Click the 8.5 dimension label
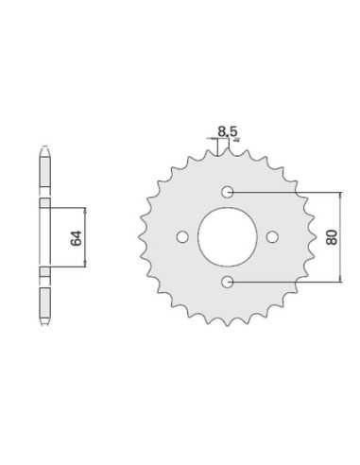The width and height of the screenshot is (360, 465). click(x=228, y=131)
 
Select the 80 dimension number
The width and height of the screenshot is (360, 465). click(x=332, y=237)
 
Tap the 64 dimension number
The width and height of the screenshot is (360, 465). click(x=76, y=238)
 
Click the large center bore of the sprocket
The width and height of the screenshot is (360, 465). click(x=228, y=237)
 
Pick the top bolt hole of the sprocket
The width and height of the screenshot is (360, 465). click(x=227, y=192)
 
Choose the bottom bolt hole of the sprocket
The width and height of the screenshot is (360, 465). click(x=227, y=282)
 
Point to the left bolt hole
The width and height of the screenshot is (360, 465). click(x=182, y=237)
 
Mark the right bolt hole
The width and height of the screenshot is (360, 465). click(x=272, y=237)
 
